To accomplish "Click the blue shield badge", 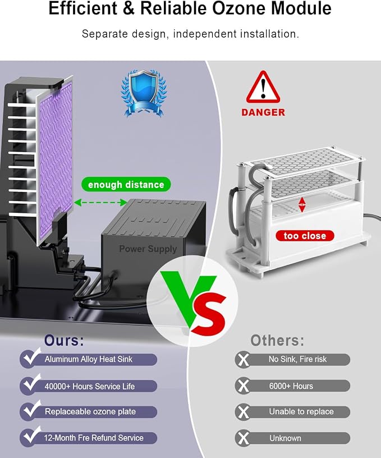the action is [144, 93].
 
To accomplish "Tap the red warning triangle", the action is [263, 87].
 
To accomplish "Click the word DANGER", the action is [263, 112].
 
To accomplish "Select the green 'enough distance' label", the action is [126, 184].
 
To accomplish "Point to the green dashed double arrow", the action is [101, 202].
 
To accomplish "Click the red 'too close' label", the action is [305, 236].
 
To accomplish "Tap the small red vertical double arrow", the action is [302, 204].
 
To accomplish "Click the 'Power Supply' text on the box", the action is [148, 249].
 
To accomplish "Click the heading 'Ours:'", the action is [64, 340].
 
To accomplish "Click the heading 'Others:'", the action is [277, 340].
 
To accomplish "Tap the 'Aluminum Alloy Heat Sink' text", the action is [89, 359].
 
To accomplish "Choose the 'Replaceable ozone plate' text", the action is [90, 411].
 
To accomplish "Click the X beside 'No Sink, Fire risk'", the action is [243, 360].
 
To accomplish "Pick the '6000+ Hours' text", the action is [291, 386].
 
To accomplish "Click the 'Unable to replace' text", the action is [301, 411].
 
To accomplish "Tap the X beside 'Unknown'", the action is [243, 438].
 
